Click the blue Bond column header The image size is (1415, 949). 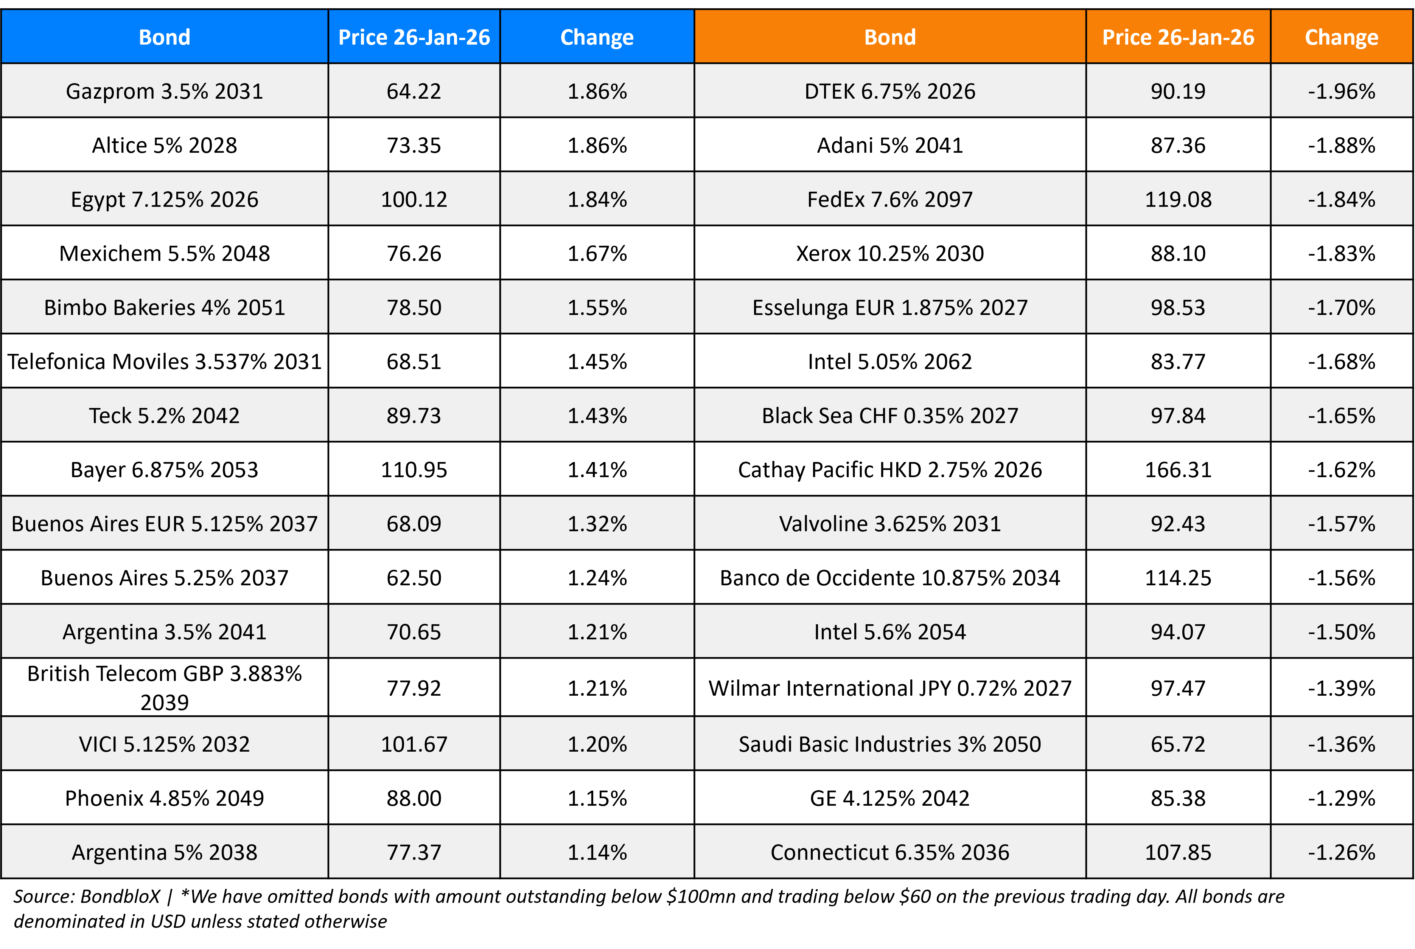click(164, 37)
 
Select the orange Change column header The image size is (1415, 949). click(1341, 37)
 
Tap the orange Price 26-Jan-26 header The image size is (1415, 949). click(1178, 37)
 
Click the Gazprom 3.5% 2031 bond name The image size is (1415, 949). click(164, 91)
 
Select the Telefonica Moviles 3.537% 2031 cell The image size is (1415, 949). click(164, 361)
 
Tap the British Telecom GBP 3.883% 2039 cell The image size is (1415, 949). click(164, 687)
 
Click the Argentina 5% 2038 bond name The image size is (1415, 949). click(164, 852)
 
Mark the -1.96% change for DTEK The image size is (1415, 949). click(1341, 91)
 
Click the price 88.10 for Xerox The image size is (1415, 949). click(1178, 253)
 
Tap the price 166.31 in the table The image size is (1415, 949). click(1178, 470)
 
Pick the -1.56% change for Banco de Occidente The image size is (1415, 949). click(1341, 578)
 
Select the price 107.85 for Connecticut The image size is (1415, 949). click(1178, 852)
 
